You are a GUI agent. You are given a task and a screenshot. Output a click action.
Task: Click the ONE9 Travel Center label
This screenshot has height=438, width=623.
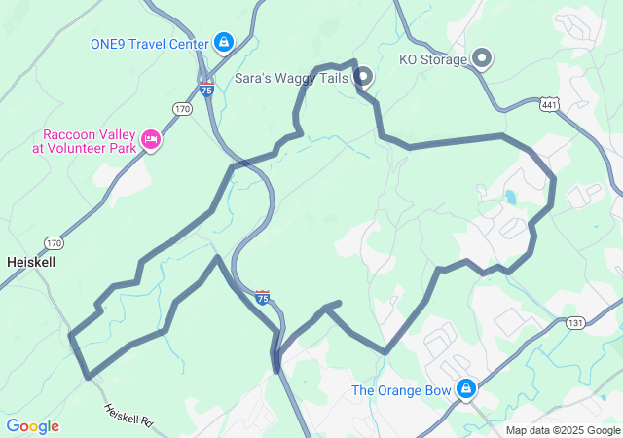click(x=148, y=44)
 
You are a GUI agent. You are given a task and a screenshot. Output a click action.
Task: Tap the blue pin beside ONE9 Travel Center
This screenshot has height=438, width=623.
click(x=225, y=43)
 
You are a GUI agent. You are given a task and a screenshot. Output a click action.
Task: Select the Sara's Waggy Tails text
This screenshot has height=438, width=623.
click(x=291, y=76)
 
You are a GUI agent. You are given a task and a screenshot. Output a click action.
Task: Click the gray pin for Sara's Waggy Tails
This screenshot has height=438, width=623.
click(x=363, y=75)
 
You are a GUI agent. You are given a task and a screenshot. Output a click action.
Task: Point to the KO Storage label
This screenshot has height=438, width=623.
click(x=433, y=58)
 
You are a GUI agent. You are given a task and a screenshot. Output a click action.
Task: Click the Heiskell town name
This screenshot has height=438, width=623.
click(x=31, y=262)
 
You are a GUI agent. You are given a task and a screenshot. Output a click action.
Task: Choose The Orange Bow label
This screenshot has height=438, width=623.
click(x=401, y=390)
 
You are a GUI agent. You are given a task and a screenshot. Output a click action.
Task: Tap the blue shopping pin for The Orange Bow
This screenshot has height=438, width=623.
click(x=466, y=389)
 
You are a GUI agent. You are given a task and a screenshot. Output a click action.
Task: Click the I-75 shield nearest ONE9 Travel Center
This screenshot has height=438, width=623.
click(x=206, y=88)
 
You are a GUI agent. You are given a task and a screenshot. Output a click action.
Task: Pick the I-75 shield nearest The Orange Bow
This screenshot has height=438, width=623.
click(x=262, y=297)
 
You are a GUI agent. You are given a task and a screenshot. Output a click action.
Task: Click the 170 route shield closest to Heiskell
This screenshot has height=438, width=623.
click(x=53, y=242)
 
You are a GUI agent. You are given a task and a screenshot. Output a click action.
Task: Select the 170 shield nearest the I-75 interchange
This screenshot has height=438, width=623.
click(x=183, y=109)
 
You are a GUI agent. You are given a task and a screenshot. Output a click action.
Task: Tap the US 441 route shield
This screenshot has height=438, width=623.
click(x=549, y=103)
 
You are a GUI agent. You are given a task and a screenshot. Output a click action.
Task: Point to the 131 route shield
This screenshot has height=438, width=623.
click(x=575, y=322)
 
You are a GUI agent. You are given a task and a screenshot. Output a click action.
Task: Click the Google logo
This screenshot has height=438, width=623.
click(x=32, y=426)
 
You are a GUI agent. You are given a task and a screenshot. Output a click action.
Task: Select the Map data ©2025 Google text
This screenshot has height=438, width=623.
click(x=562, y=430)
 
